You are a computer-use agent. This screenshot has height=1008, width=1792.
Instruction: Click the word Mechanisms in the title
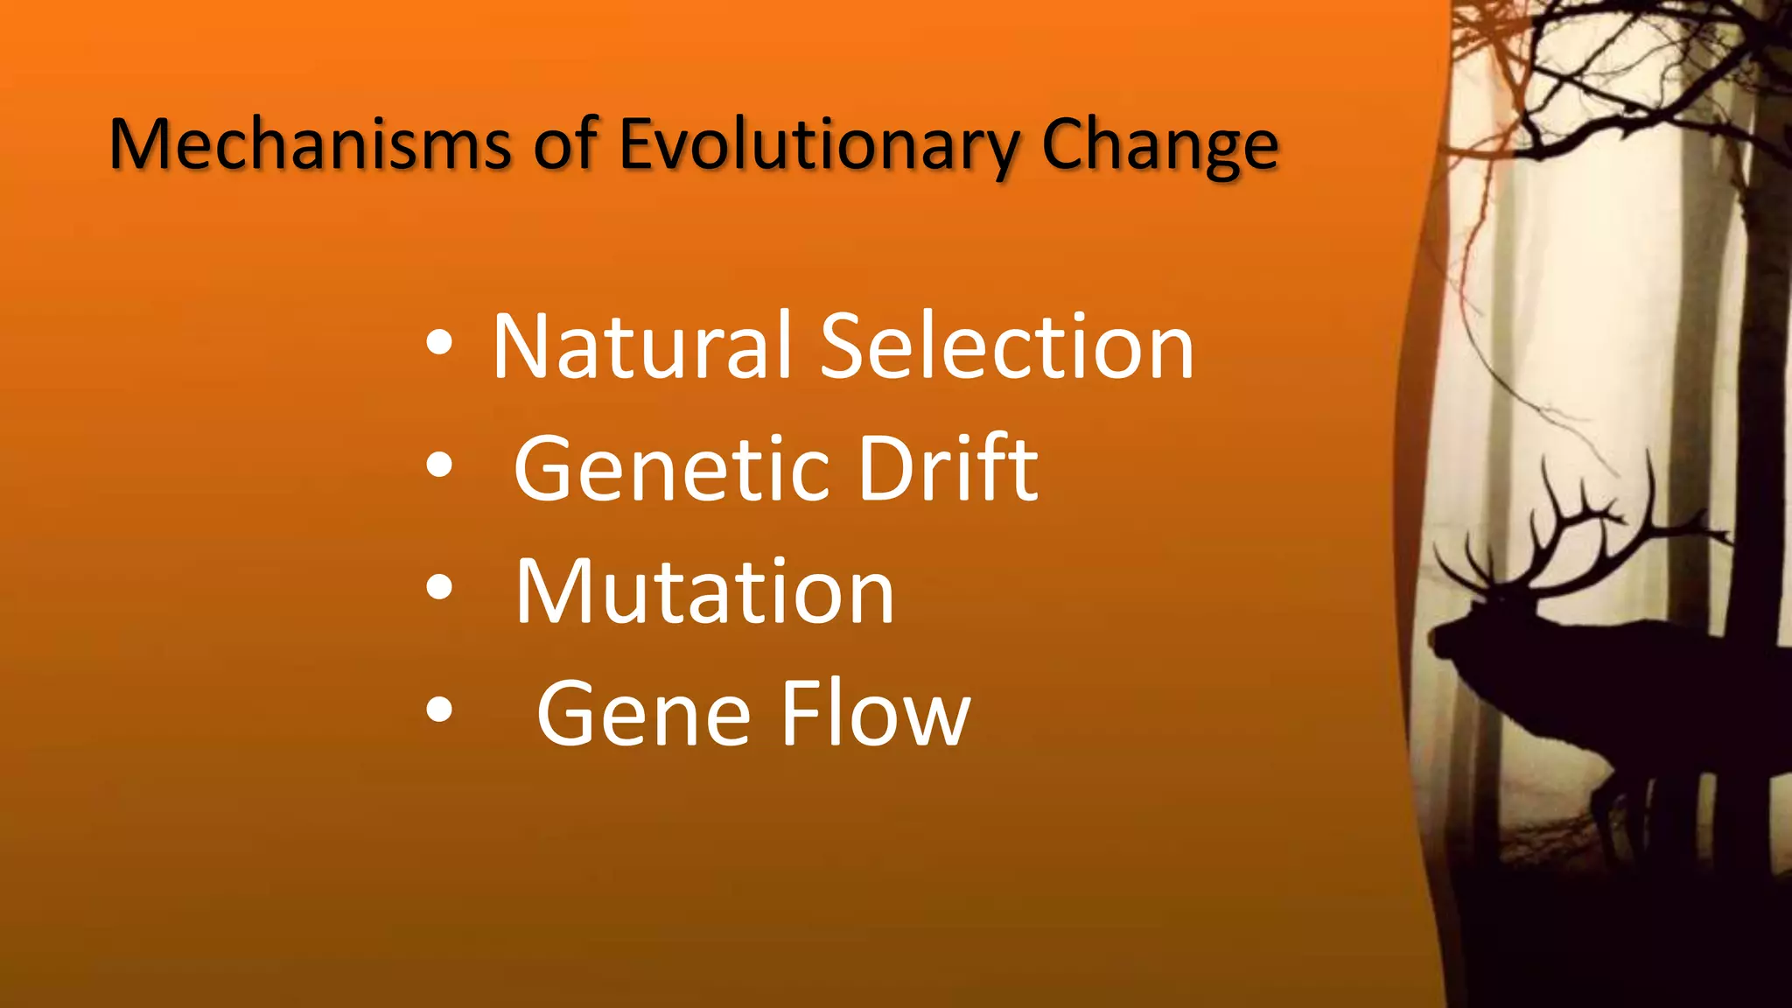310,144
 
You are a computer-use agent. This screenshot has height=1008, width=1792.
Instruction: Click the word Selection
1007,347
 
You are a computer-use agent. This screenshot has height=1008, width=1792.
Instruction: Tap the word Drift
948,470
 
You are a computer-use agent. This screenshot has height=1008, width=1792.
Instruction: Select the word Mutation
704,592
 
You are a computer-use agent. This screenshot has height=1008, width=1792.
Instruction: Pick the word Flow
875,715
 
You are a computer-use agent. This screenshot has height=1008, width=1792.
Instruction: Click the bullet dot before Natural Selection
439,344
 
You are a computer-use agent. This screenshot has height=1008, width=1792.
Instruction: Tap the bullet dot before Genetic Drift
439,466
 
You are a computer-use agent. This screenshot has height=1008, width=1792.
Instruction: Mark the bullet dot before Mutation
439,589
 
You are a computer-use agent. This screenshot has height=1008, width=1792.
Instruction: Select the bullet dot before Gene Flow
439,711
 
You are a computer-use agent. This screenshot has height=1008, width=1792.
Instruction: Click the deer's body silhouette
1662,700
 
